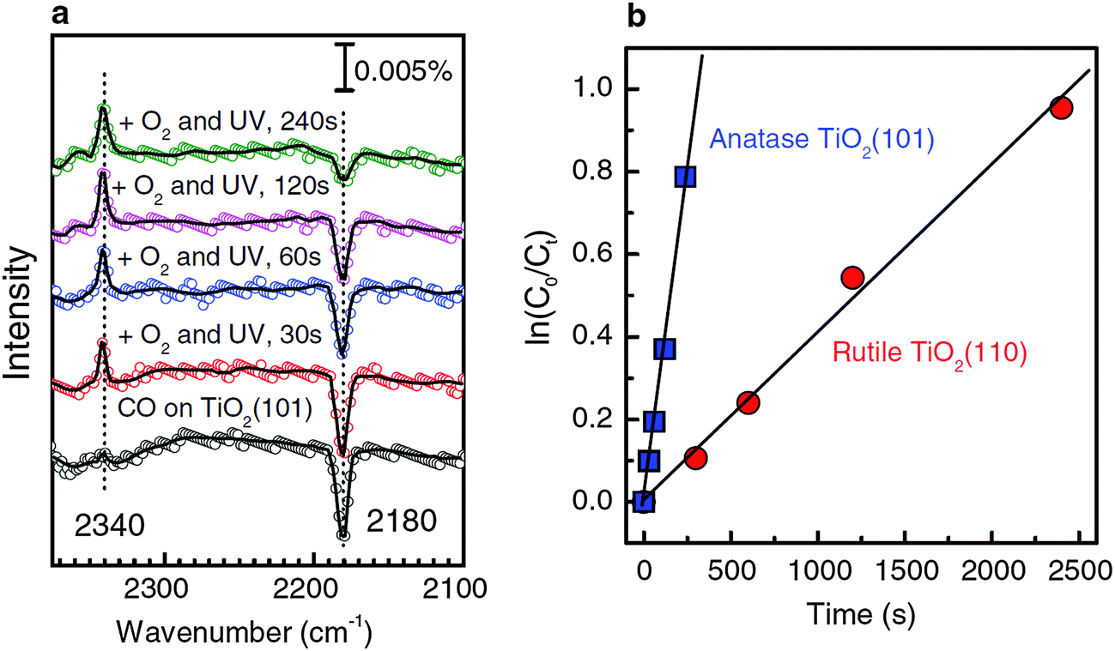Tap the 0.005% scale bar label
click(403, 70)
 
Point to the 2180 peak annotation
click(391, 519)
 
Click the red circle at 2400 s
click(1061, 108)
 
